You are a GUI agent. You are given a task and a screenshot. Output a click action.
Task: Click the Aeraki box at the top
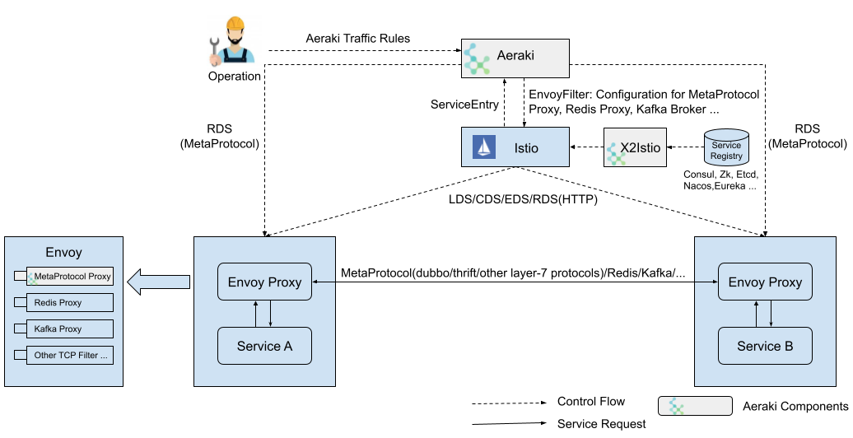coord(515,57)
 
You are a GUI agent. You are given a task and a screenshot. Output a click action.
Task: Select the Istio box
coord(514,148)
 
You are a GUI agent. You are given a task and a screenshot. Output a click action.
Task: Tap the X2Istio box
coord(634,148)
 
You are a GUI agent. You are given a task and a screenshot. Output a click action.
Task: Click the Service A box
coord(264,346)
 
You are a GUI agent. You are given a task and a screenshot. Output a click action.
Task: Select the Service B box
coord(765,346)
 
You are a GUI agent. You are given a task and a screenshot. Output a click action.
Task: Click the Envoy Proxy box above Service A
coord(264,282)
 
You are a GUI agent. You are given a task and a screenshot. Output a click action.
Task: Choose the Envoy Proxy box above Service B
coord(765,282)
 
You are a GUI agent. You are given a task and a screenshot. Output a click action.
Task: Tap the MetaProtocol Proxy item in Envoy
coord(70,277)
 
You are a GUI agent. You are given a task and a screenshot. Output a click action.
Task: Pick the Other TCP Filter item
coord(70,356)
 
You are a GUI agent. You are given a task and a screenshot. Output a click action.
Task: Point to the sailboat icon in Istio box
coord(482,148)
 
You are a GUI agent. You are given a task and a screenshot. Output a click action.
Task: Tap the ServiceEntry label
coord(465,105)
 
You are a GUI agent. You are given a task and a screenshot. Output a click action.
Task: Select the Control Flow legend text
coord(591,402)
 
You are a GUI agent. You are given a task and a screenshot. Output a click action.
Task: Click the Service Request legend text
coord(601,423)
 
